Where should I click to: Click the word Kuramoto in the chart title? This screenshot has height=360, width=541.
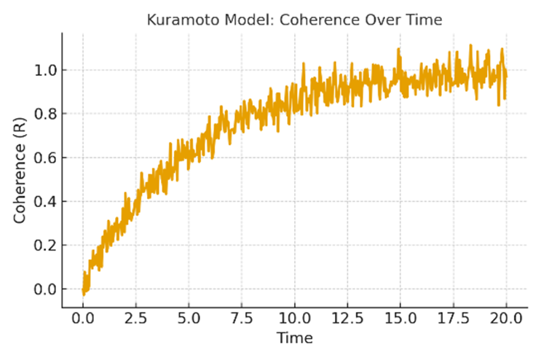pyautogui.click(x=178, y=20)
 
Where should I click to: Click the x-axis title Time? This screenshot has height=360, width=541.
pyautogui.click(x=295, y=338)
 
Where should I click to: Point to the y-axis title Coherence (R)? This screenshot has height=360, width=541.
pyautogui.click(x=21, y=171)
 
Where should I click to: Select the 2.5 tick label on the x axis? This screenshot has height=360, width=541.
pyautogui.click(x=135, y=319)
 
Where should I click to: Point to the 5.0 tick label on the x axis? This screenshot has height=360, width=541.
pyautogui.click(x=189, y=319)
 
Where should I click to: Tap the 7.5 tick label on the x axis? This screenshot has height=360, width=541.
pyautogui.click(x=242, y=319)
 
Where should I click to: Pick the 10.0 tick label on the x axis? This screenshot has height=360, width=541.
pyautogui.click(x=294, y=319)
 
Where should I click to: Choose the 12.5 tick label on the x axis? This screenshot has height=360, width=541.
pyautogui.click(x=347, y=319)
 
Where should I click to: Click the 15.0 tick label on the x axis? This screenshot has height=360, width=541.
pyautogui.click(x=400, y=319)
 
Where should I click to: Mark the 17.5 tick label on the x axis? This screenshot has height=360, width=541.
pyautogui.click(x=453, y=319)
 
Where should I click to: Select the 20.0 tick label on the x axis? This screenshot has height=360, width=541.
pyautogui.click(x=505, y=319)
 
